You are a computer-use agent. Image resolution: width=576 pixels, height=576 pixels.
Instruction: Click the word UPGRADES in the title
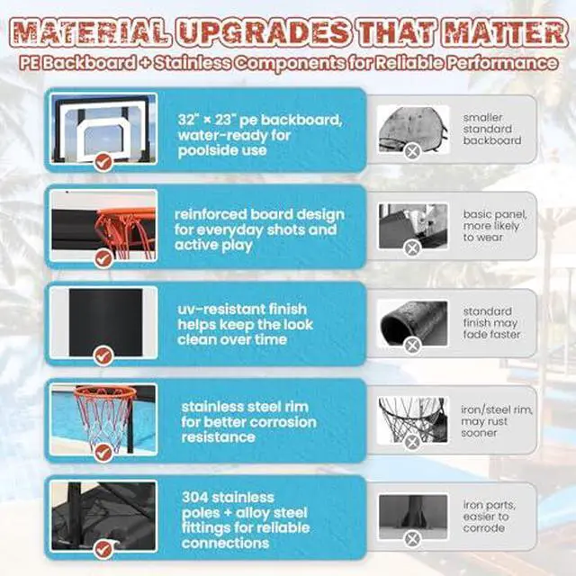(x=264, y=32)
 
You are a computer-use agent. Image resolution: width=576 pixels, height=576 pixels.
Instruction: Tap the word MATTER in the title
(x=505, y=32)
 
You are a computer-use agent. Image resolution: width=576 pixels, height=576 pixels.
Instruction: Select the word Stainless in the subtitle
(x=193, y=63)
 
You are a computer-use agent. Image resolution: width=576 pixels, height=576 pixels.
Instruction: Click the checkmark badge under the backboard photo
(x=103, y=162)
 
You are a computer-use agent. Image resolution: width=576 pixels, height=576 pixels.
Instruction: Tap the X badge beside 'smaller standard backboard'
(x=412, y=151)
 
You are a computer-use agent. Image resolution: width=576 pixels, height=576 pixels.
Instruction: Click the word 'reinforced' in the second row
(x=210, y=214)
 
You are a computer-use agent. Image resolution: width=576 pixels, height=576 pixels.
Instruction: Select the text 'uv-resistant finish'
(x=242, y=309)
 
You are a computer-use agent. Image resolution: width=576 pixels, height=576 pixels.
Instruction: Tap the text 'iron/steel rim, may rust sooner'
(x=496, y=421)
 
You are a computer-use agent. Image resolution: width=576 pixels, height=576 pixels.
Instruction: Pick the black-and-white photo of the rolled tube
(x=413, y=323)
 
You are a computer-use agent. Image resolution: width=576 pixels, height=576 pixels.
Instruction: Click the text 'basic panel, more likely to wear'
(x=495, y=226)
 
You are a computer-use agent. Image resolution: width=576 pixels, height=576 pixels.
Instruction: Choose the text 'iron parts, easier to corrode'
(x=489, y=517)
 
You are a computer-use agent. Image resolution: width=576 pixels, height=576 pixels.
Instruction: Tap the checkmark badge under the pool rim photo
(x=103, y=453)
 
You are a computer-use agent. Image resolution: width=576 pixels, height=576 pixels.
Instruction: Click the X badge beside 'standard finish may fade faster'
(x=412, y=346)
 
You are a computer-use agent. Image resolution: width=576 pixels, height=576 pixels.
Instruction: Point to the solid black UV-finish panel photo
(x=106, y=322)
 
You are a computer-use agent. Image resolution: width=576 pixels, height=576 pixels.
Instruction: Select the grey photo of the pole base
(x=413, y=517)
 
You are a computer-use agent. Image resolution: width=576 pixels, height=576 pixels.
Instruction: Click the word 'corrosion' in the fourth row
(x=280, y=422)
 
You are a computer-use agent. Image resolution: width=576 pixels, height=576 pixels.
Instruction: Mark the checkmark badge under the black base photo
(x=103, y=550)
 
